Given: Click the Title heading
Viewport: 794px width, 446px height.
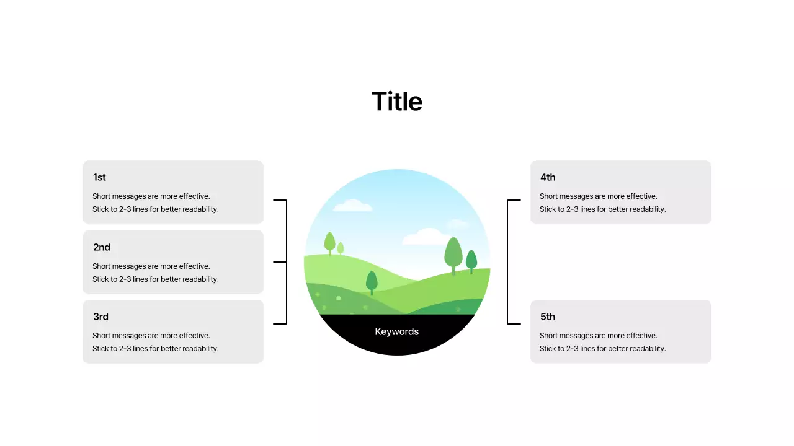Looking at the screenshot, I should point(397,102).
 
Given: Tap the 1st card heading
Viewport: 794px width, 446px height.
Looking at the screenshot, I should point(99,177).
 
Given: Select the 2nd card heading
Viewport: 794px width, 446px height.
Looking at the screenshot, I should point(102,247).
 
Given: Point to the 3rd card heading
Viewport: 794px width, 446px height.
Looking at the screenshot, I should point(100,317).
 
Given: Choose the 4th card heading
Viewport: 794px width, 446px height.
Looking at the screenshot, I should point(548,177).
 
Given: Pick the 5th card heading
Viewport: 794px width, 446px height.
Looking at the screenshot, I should point(548,317).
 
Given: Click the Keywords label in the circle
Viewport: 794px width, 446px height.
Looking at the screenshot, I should point(397,331).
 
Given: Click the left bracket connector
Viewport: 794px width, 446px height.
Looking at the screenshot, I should point(285,262).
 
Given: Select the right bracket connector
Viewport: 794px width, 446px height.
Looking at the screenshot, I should point(508,262).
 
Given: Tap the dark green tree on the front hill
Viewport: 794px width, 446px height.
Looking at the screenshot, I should point(372,282).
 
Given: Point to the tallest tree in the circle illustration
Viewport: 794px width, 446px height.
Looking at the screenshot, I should point(453,253).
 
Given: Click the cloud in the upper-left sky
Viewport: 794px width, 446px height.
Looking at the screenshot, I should point(352,206).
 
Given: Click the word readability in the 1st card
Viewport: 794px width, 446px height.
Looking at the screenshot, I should point(197,209).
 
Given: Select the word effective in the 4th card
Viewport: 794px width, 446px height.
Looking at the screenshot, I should point(641,196).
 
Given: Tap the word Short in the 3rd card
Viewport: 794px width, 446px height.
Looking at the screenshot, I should point(102,336).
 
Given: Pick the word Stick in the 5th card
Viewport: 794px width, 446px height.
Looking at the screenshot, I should point(548,349).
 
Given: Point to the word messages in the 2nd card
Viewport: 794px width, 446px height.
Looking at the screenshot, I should point(129,266).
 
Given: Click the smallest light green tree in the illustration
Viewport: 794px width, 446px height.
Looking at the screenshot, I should point(341,248).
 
